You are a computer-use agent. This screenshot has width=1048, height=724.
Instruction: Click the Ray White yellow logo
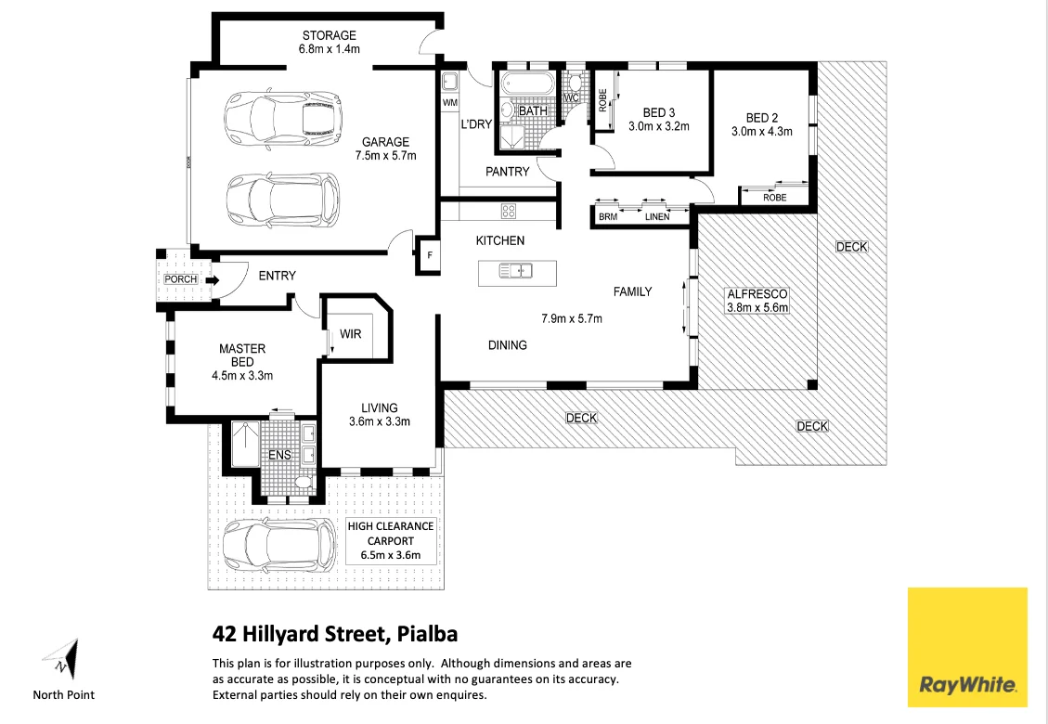(966, 646)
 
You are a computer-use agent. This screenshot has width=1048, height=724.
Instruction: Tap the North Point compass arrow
(62, 660)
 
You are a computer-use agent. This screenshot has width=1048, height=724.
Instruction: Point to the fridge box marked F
(429, 256)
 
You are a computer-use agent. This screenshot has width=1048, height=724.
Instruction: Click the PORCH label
(180, 279)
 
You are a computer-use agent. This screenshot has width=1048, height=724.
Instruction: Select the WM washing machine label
(450, 102)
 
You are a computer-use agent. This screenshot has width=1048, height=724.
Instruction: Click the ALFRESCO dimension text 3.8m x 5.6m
(757, 307)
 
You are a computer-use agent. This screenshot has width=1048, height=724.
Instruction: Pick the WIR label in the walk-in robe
(350, 334)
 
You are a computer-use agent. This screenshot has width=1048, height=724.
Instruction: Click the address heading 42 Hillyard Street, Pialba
(335, 635)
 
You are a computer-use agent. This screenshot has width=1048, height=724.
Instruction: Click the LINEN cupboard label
(656, 217)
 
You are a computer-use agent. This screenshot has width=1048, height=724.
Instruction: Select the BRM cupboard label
(608, 217)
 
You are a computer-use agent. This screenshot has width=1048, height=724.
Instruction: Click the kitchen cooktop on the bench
(508, 211)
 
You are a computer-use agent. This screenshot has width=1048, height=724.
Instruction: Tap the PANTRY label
(507, 171)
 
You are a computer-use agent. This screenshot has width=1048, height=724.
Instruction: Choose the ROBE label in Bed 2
(774, 198)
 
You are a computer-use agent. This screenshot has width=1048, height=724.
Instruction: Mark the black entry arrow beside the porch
(212, 279)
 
